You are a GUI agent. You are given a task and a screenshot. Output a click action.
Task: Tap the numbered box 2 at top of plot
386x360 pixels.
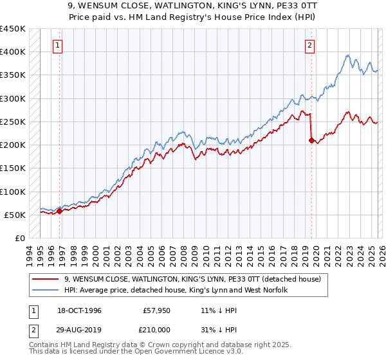coord(310,45)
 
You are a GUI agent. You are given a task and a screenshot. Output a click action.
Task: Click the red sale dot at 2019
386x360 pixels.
coord(311,140)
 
